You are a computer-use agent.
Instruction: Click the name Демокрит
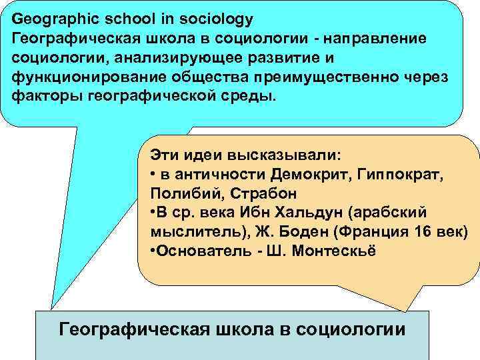click(x=310, y=175)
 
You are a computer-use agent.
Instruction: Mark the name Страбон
click(x=254, y=193)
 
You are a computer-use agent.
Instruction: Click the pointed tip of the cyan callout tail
click(x=51, y=309)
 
